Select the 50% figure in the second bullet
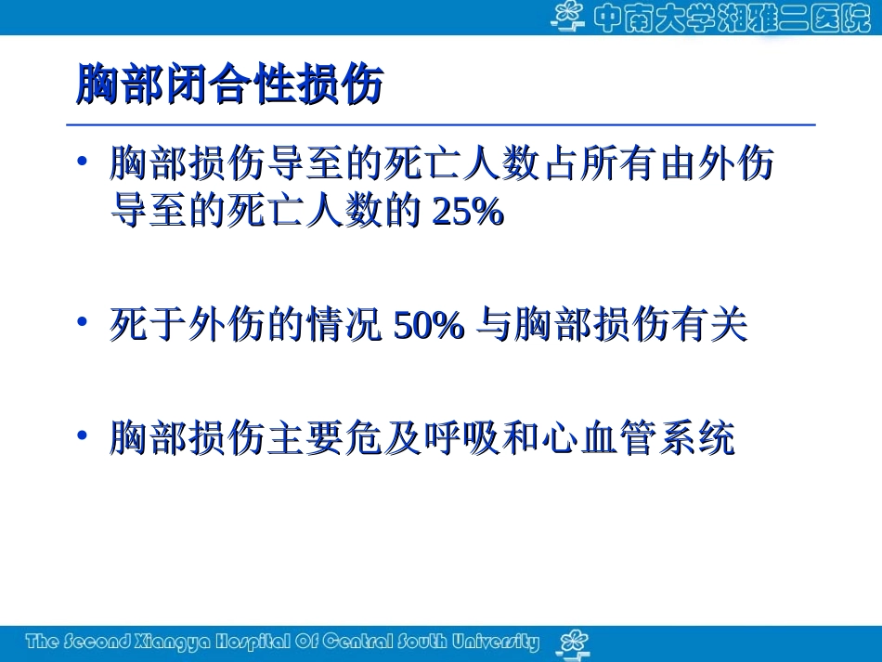point(428,326)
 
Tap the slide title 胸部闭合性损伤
point(229,86)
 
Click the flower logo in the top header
point(569,16)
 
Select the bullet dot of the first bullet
point(83,162)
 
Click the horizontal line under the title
point(441,124)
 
